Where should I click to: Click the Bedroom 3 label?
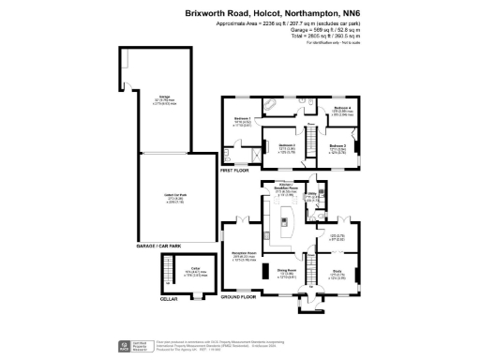[x=337, y=145]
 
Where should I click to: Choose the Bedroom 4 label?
[x=342, y=108]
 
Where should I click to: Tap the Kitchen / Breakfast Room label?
[x=287, y=187]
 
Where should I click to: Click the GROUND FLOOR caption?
[x=238, y=296]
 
